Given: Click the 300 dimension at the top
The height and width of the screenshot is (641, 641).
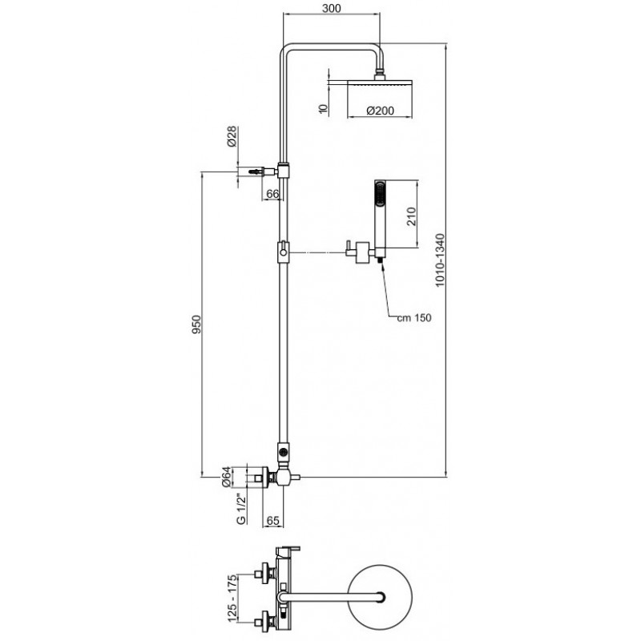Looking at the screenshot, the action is pyautogui.click(x=331, y=8).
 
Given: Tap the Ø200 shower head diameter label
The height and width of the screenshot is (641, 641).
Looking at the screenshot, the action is pyautogui.click(x=380, y=111).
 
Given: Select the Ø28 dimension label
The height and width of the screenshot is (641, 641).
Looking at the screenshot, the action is pyautogui.click(x=232, y=136).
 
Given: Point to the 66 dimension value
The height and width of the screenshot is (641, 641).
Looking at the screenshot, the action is pyautogui.click(x=272, y=193).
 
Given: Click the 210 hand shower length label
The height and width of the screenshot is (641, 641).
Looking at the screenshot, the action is pyautogui.click(x=411, y=216).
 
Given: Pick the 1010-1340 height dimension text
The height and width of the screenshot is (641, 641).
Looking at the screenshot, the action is pyautogui.click(x=439, y=260).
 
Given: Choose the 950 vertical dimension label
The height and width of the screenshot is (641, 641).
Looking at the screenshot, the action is pyautogui.click(x=197, y=324).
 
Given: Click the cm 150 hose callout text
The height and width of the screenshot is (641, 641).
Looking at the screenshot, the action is pyautogui.click(x=414, y=317).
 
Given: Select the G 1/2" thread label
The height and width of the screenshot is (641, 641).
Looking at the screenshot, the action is pyautogui.click(x=241, y=509).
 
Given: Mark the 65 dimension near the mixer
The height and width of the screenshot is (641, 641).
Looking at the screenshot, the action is pyautogui.click(x=272, y=520).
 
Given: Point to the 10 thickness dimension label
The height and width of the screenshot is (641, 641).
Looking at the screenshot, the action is pyautogui.click(x=324, y=109).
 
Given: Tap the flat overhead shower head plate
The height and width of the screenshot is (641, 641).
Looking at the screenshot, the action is pyautogui.click(x=380, y=83).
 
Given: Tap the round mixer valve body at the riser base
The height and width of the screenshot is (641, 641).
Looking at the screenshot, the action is pyautogui.click(x=284, y=477).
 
